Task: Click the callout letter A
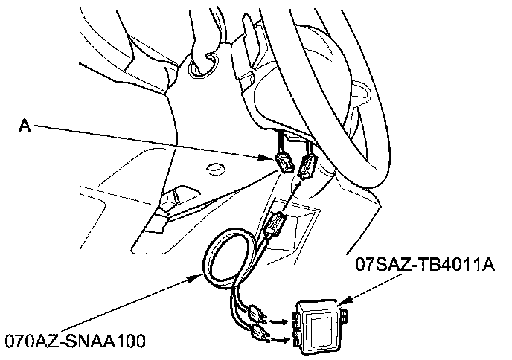(x=25, y=126)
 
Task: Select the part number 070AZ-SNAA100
(x=74, y=341)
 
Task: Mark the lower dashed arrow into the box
(x=281, y=340)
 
